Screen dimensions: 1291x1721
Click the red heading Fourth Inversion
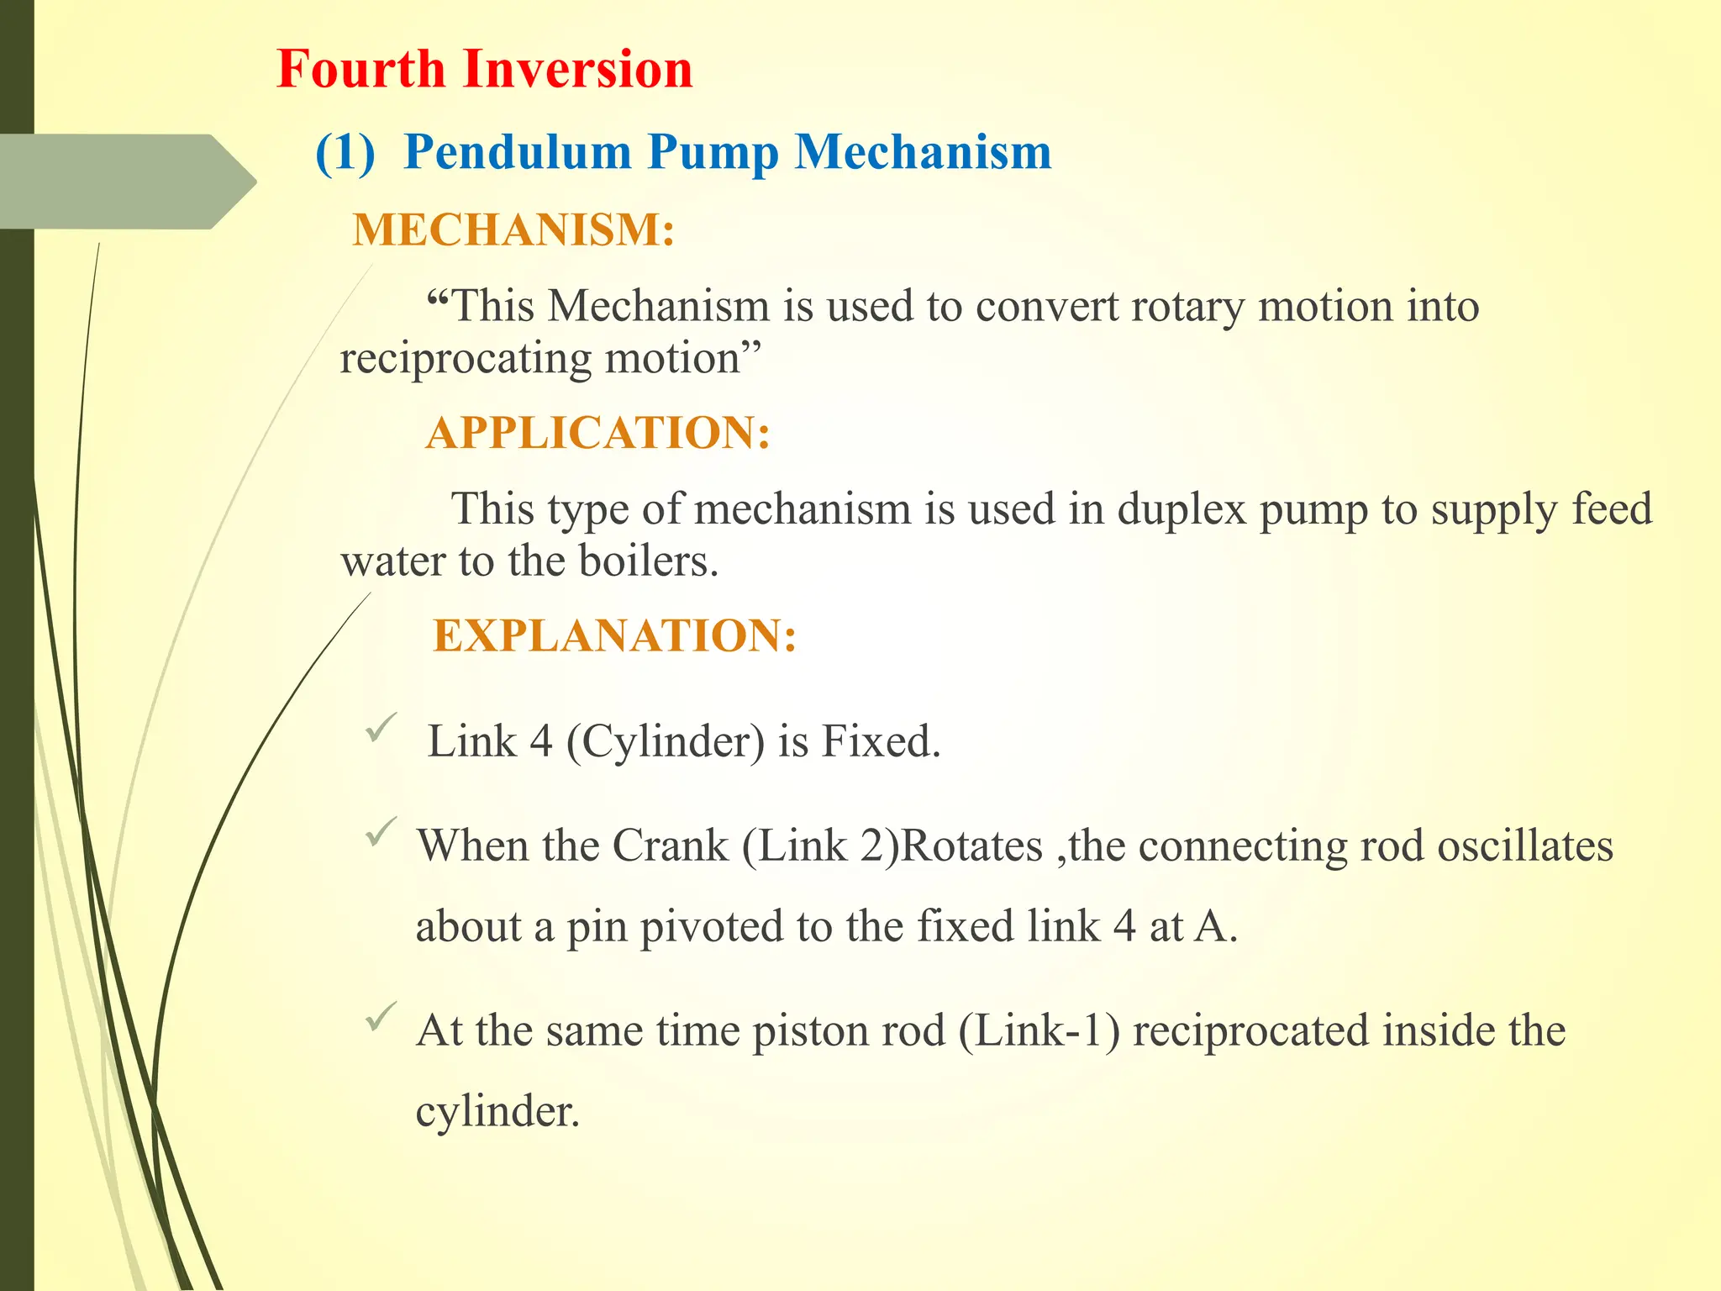485,69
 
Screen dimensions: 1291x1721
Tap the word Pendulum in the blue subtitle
518,152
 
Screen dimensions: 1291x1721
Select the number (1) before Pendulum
345,153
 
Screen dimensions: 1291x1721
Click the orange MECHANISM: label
513,229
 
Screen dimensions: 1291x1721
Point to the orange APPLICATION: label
597,433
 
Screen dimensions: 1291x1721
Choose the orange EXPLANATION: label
614,635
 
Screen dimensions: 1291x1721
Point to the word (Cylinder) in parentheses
665,742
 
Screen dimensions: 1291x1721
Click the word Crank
670,846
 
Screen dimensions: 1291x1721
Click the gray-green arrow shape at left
126,182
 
